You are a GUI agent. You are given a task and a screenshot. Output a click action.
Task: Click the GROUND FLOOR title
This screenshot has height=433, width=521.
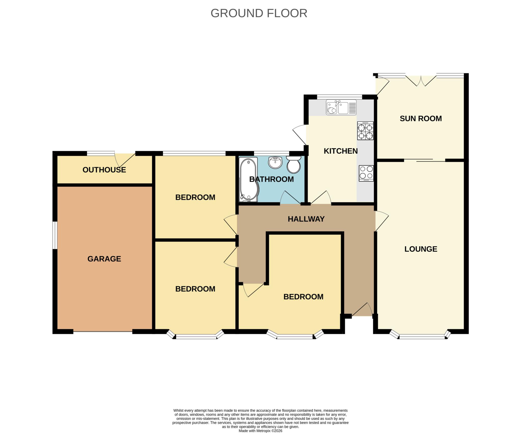coord(259,13)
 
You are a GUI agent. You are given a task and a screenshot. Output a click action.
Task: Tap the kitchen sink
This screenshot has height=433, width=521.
coord(341,107)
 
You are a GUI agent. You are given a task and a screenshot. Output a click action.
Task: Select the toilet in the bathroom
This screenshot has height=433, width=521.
coord(294,164)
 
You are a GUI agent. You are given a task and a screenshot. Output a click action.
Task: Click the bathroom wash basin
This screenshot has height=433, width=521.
coord(275,162)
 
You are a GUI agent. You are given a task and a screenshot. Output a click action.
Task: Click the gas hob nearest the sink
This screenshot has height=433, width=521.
coord(366,131)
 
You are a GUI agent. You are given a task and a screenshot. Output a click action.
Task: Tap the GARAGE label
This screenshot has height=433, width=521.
coord(104,259)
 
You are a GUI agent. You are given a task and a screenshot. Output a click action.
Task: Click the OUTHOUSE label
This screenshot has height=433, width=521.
coord(104,170)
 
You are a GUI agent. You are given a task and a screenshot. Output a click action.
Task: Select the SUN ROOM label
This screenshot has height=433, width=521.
coord(421,118)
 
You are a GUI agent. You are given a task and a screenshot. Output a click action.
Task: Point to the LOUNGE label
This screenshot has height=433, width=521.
coord(421,249)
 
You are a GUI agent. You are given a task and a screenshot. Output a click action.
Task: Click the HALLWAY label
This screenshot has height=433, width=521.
coord(306,219)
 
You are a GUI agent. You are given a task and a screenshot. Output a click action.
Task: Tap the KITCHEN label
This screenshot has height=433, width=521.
coord(341,151)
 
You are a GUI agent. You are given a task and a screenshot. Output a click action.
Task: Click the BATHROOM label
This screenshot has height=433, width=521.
coord(271,179)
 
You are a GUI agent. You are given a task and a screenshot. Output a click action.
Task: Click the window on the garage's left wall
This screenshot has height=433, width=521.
coord(55,235)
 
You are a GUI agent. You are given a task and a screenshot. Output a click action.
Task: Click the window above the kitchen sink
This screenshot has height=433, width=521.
coord(339,97)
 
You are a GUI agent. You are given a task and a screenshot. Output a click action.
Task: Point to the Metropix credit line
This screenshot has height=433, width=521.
coord(260,431)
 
